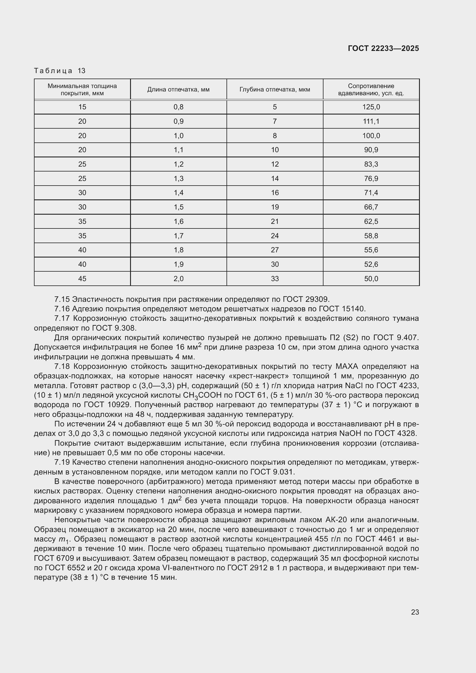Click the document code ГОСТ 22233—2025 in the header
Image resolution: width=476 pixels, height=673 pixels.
point(383,48)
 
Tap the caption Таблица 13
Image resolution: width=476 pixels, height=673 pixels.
point(60,71)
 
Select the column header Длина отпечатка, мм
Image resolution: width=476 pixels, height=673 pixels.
point(178,89)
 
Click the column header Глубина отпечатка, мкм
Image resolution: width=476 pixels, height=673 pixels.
point(275,89)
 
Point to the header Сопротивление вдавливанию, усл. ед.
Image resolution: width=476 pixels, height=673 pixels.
point(371,90)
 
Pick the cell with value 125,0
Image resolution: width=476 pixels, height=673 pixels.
point(371,107)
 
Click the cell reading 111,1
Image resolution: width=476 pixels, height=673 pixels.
point(371,121)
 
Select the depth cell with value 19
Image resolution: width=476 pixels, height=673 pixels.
point(275,207)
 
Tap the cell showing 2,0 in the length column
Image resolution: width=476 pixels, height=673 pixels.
point(178,279)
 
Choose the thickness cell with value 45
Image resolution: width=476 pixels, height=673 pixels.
point(82,279)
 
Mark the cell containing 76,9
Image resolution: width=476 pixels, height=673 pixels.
point(371,178)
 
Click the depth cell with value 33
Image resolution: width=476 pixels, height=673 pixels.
point(275,279)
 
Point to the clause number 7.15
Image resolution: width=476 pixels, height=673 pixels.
point(62,299)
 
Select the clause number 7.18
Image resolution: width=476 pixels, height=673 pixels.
point(62,366)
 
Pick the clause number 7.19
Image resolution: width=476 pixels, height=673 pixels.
point(62,462)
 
